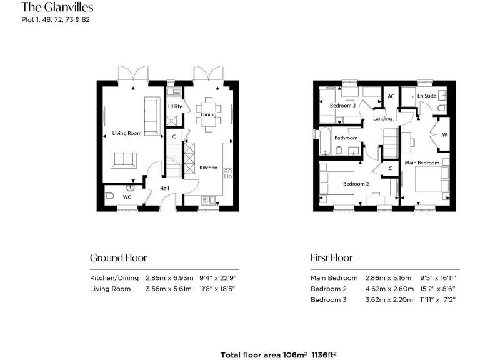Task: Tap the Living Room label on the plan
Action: [127, 133]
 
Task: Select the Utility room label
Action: [175, 106]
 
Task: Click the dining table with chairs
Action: [208, 114]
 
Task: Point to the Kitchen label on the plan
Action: [208, 167]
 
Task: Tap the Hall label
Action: [164, 187]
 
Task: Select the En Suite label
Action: [426, 96]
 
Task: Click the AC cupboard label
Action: [391, 96]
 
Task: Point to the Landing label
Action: [382, 118]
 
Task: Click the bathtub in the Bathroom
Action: [326, 141]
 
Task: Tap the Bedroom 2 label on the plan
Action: [354, 184]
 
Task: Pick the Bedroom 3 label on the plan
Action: [342, 106]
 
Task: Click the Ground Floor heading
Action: [119, 257]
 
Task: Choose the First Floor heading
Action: [331, 257]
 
